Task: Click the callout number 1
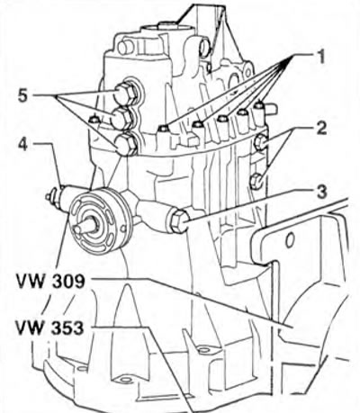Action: point(320,57)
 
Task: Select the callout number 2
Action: point(321,128)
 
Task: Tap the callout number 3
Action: point(322,192)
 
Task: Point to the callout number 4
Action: point(24,144)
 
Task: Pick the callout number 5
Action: point(22,96)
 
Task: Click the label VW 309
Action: point(51,282)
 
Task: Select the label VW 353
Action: point(49,328)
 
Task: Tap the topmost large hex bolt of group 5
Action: point(124,92)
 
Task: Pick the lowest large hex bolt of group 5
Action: point(126,145)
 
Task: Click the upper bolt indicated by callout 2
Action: point(262,141)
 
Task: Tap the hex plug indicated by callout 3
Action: point(179,222)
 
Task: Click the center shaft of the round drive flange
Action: point(86,227)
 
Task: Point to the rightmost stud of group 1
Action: point(259,105)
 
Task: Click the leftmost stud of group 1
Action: point(164,129)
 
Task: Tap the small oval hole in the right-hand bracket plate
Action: point(289,240)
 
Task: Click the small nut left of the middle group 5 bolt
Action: point(94,119)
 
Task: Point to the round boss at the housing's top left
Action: point(124,48)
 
